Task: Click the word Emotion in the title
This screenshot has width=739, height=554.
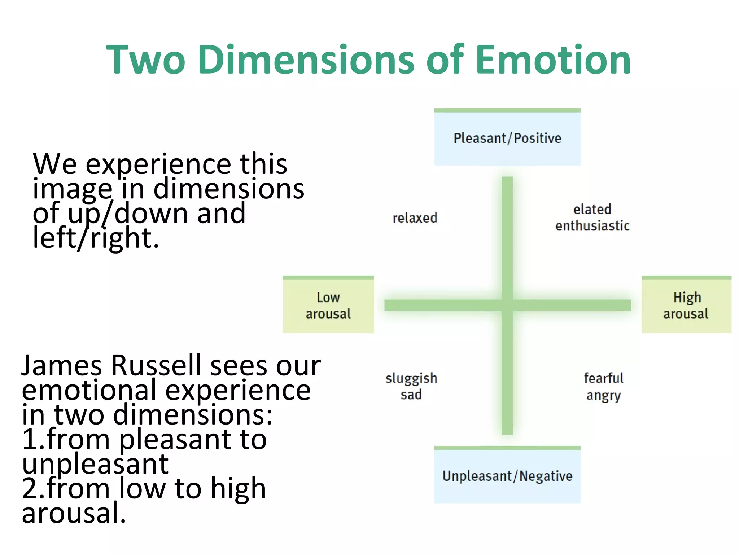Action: coord(553,60)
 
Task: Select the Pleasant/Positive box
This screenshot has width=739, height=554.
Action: coord(507,138)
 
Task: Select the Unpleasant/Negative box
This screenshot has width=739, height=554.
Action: coord(507,476)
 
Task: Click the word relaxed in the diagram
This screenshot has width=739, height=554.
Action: coord(415,218)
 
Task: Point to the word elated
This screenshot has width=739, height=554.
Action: coord(592,209)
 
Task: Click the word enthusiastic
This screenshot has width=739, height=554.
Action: coord(592,226)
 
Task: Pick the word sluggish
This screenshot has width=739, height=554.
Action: coord(411,378)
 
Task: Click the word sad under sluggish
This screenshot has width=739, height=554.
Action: coord(411,395)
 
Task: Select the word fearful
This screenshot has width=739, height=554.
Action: coord(603,378)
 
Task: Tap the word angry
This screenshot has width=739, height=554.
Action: coord(603,396)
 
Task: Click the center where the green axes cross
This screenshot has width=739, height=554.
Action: coord(507,305)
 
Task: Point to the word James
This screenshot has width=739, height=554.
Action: coord(62,365)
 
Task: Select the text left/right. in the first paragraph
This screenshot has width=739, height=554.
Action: coord(96,238)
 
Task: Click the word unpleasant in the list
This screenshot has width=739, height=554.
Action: coord(95,464)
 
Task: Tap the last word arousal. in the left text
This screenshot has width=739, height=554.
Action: coord(74,513)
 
